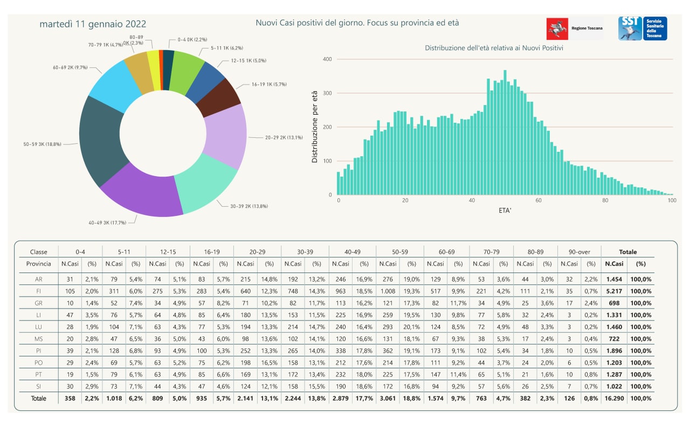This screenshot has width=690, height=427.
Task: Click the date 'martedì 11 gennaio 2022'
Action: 93,24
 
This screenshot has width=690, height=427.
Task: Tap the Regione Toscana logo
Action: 575,29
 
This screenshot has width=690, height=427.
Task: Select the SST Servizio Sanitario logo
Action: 643,29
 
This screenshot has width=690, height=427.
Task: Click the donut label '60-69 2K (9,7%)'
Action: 70,68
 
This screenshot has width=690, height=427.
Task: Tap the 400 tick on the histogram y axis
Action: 327,59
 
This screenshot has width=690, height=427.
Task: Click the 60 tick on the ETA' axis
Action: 539,201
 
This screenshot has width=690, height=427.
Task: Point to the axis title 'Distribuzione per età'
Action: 314,127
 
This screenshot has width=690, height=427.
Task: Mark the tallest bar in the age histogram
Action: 505,132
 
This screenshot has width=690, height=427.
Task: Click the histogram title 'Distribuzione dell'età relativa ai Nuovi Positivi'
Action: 494,48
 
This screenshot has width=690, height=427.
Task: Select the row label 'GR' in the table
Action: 39,303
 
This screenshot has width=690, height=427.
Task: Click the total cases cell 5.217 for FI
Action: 614,291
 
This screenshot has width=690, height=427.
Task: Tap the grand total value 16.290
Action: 614,398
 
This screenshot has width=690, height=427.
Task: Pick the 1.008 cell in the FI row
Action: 388,291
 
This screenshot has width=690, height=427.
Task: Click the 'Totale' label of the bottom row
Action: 39,398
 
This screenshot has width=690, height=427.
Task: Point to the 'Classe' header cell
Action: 39,251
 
